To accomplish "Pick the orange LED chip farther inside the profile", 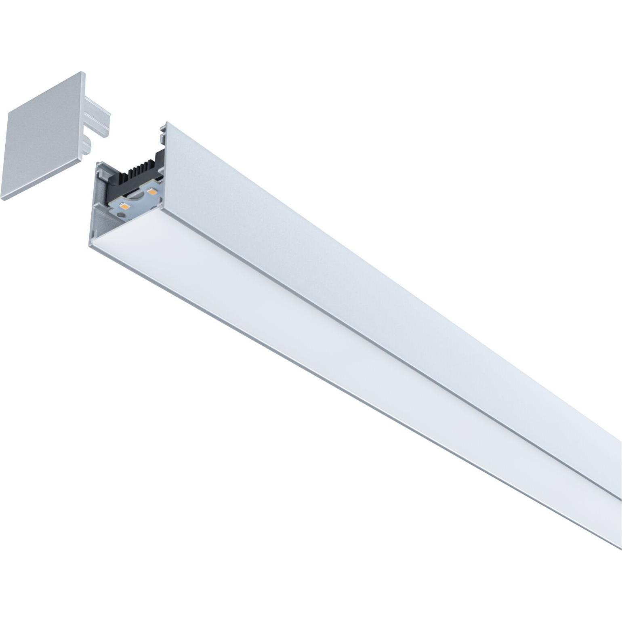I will click(152, 192).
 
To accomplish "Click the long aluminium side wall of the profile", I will click(364, 283).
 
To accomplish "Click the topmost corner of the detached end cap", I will click(82, 73).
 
